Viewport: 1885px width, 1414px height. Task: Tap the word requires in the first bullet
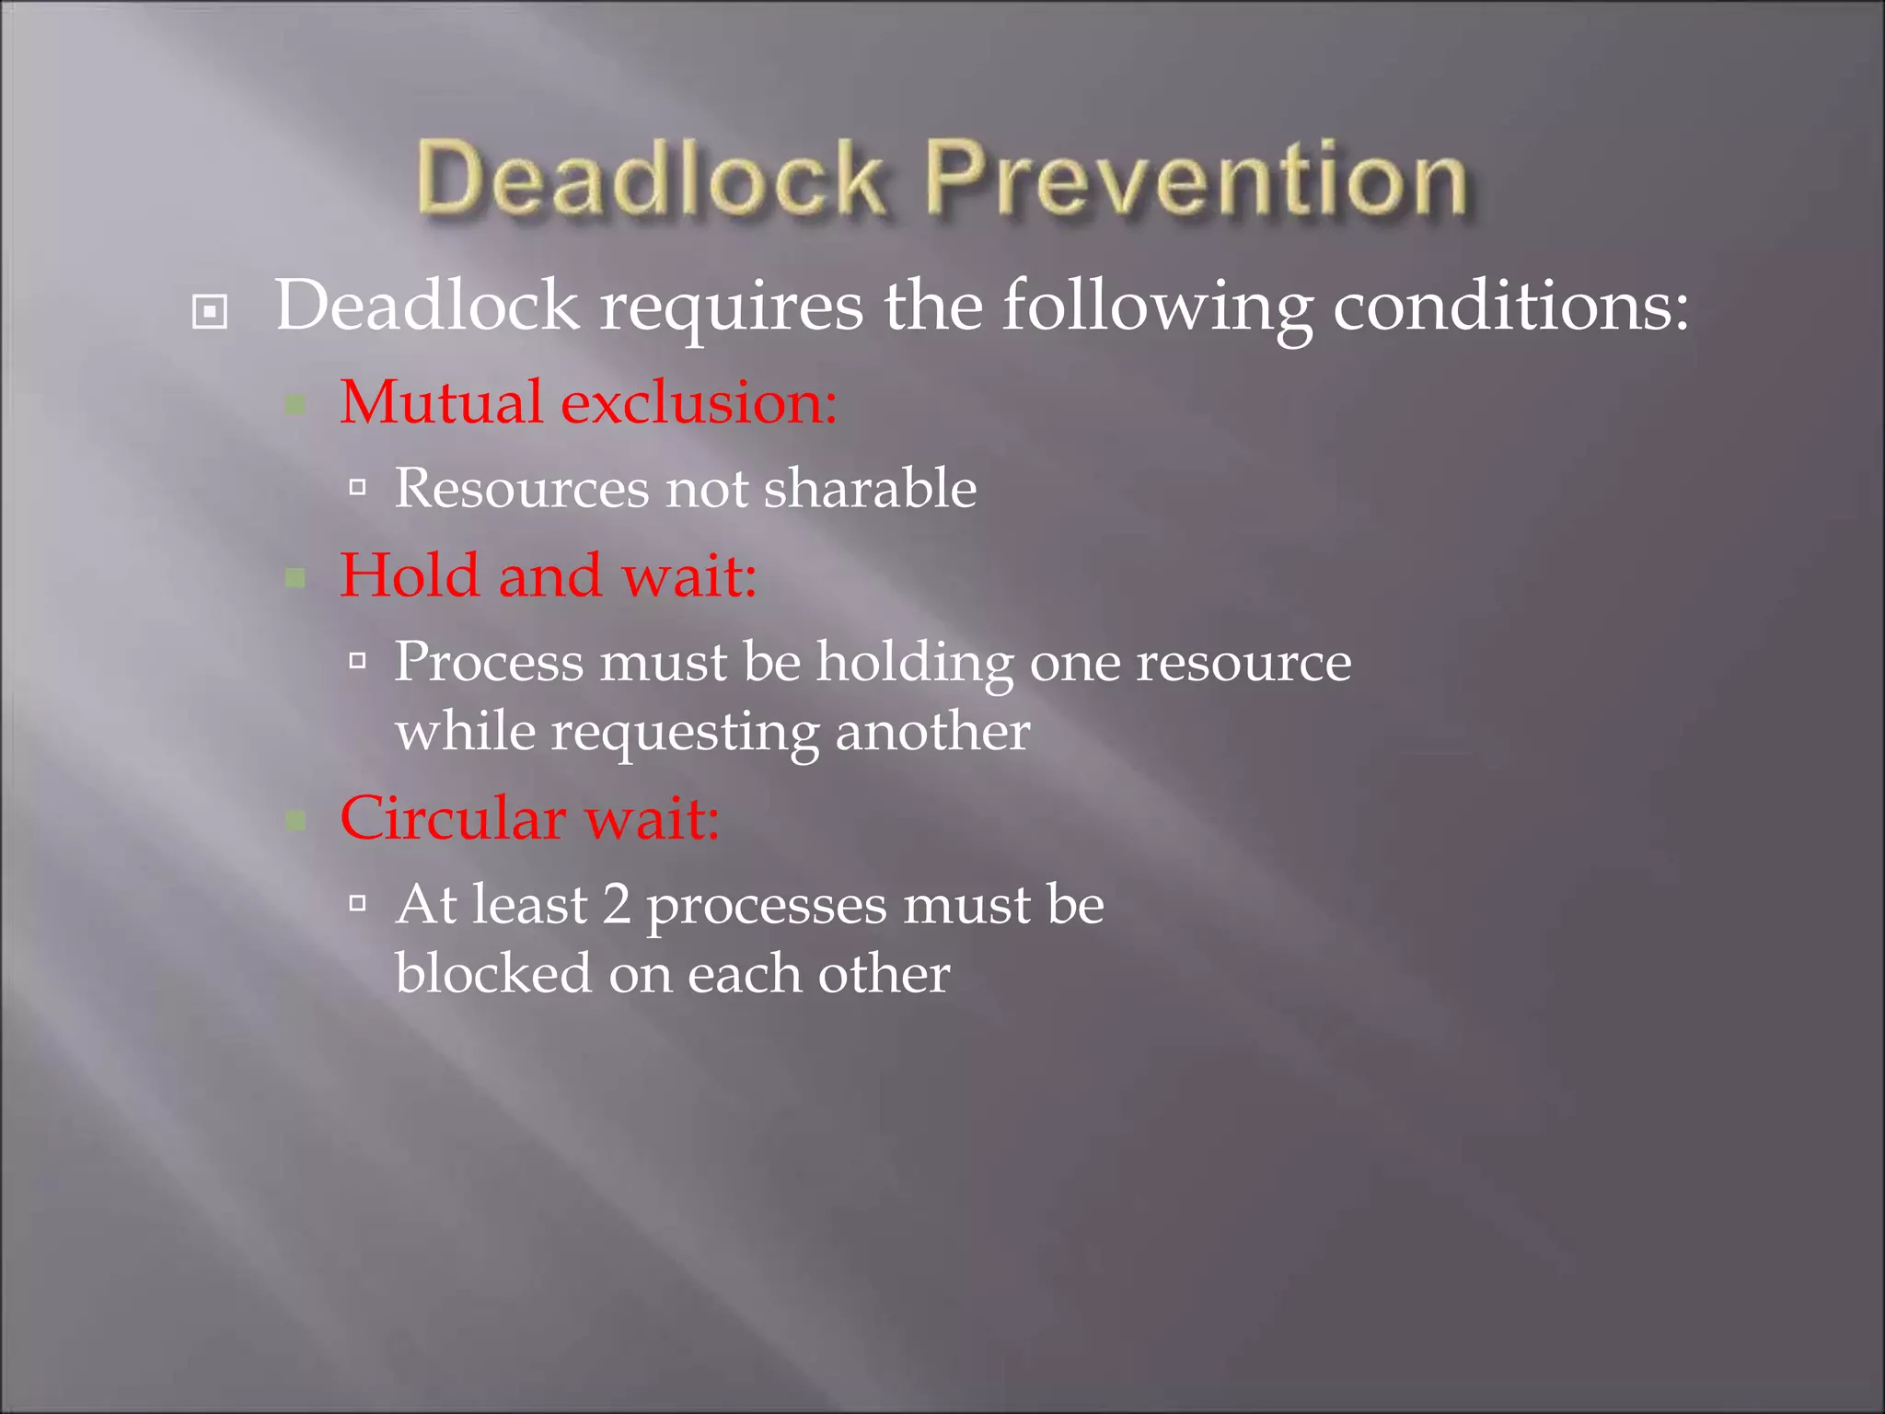[x=732, y=307]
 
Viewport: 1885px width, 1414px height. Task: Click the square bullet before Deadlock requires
[x=210, y=311]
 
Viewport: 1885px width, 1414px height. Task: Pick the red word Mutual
[x=441, y=402]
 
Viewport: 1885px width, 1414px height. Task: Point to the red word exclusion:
[x=700, y=402]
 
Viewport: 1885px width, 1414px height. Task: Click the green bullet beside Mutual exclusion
[x=295, y=404]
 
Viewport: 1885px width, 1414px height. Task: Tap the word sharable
[x=870, y=487]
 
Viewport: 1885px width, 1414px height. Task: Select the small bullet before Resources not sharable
[x=358, y=487]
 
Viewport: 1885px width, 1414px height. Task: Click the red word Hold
[x=410, y=575]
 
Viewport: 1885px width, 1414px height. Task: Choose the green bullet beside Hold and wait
[x=295, y=578]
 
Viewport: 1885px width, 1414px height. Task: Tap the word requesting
[x=685, y=734]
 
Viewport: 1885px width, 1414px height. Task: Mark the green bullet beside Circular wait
[x=295, y=820]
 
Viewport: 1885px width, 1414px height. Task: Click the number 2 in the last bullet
[x=617, y=904]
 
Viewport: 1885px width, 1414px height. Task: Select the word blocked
[x=493, y=973]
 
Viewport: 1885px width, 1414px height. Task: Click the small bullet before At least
[x=358, y=903]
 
